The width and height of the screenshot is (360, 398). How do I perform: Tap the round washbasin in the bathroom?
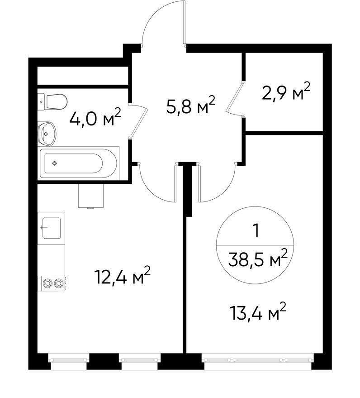[x=47, y=134]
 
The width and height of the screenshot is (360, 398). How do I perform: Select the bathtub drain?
[x=54, y=163]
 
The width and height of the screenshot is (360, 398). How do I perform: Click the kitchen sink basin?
[x=52, y=228]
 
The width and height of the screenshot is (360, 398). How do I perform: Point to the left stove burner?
[x=47, y=283]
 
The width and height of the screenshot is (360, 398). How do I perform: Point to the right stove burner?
[x=58, y=283]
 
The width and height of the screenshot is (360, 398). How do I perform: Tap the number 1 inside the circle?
[x=257, y=231]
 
